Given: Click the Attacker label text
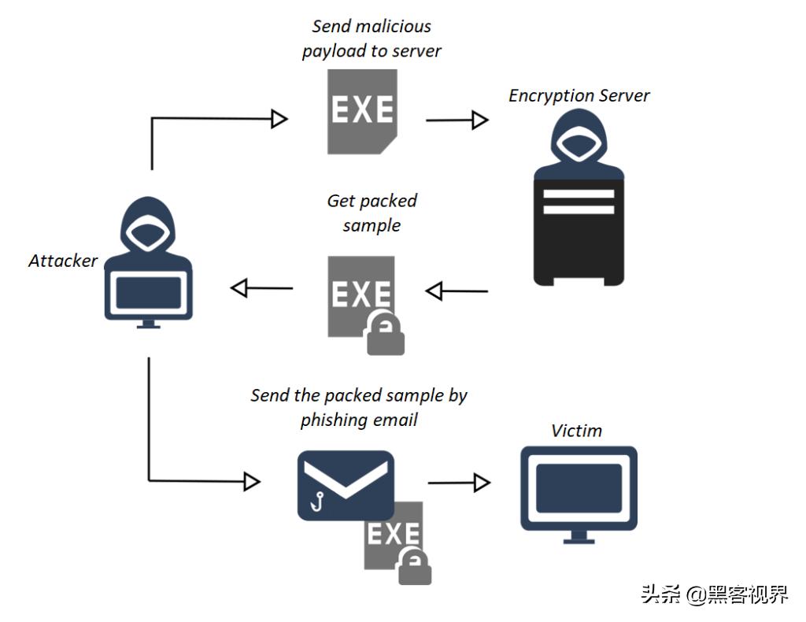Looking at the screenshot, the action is pos(63,261).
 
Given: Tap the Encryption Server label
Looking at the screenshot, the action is pos(579,95).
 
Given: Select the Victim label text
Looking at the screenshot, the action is pos(576,430).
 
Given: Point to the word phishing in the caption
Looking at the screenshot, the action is pos(331,420).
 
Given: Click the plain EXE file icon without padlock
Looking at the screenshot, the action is pos(362,112).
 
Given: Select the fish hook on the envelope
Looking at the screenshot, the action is pos(317,502).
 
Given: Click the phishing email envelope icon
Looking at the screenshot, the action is pos(346,485).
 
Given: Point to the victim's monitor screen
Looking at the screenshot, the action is pos(579,488).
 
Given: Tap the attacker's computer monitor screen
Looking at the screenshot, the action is pos(149,292).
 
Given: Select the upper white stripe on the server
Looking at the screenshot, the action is pos(579,194).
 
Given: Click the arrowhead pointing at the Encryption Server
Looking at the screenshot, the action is pos(480,120).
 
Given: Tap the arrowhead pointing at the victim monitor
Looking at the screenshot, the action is pos(482,483).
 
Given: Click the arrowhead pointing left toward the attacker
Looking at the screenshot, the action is pos(239,288).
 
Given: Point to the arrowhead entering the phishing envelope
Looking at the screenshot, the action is pos(252,482).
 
